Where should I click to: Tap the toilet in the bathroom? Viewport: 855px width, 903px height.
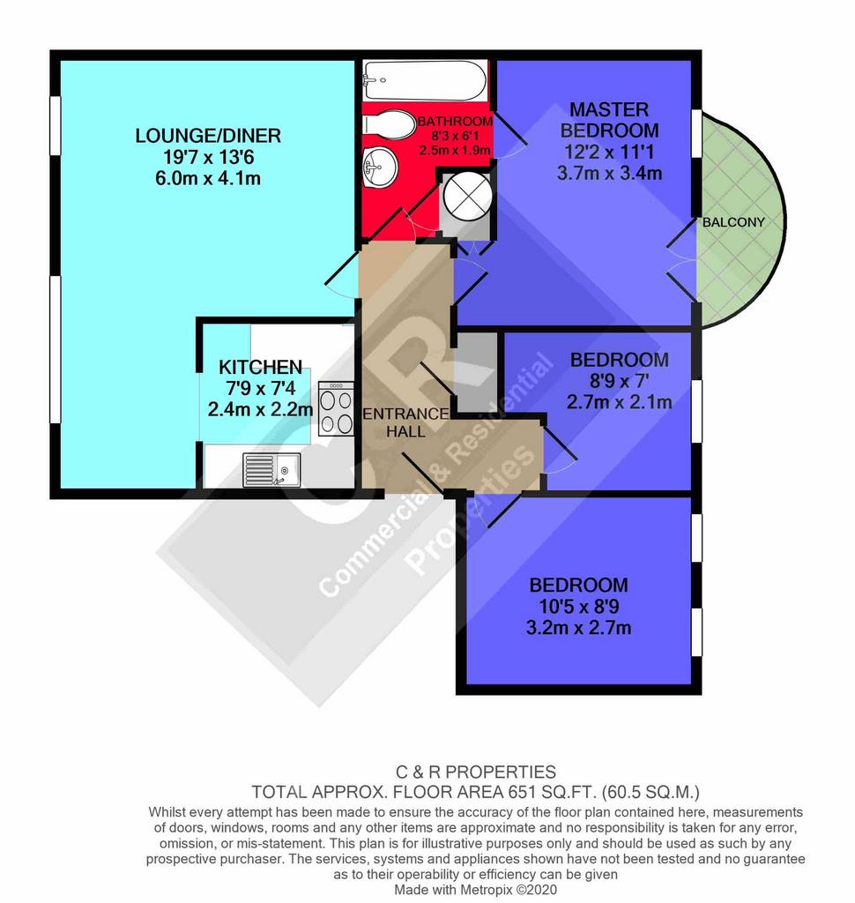coord(390,124)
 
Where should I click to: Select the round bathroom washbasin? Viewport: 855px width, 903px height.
coord(379,167)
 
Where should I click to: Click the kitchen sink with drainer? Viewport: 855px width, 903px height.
coord(271,469)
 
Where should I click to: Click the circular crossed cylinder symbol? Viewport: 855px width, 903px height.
coord(467,195)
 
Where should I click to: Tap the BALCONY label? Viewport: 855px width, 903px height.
coord(733,222)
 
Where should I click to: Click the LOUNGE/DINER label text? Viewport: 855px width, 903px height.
coord(208,136)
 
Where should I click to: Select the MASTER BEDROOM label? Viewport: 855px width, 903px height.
coord(609,120)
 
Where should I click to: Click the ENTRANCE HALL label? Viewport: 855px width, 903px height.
coord(406,422)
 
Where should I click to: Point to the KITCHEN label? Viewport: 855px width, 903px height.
coord(260,367)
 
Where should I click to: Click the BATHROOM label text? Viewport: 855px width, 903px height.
coord(455,122)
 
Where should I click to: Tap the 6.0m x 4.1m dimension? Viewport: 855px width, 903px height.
coord(208,178)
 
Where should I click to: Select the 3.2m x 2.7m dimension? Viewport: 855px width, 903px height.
coord(578,627)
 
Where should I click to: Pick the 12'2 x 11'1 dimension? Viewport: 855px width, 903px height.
coord(609,152)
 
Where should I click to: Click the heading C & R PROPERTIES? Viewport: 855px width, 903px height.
coord(476,772)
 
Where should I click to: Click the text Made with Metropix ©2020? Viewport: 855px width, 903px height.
coord(476,890)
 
